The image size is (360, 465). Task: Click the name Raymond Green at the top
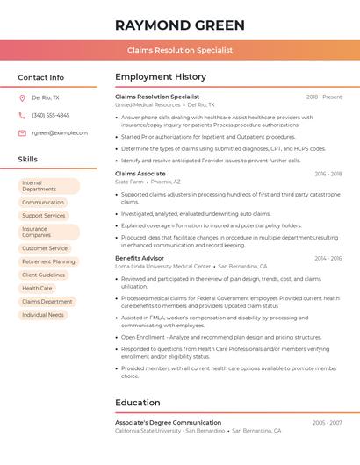pyautogui.click(x=179, y=25)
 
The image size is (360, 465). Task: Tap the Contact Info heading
pyautogui.click(x=40, y=77)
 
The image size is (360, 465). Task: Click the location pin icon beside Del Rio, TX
pyautogui.click(x=22, y=97)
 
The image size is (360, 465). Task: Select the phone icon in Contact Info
pyautogui.click(x=22, y=115)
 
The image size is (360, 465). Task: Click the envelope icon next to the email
pyautogui.click(x=22, y=132)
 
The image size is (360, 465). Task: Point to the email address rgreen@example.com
pyautogui.click(x=60, y=132)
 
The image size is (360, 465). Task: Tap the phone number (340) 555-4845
pyautogui.click(x=50, y=115)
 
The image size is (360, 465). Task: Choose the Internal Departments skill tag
pyautogui.click(x=48, y=186)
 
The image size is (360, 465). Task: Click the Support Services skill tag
pyautogui.click(x=44, y=215)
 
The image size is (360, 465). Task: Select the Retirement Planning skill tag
pyautogui.click(x=48, y=261)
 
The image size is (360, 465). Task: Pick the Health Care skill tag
pyautogui.click(x=37, y=288)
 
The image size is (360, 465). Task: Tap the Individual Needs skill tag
pyautogui.click(x=43, y=314)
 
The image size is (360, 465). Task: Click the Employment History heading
pyautogui.click(x=161, y=77)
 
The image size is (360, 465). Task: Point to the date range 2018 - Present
pyautogui.click(x=324, y=97)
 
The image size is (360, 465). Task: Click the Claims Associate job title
pyautogui.click(x=140, y=174)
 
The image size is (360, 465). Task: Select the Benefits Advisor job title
pyautogui.click(x=140, y=258)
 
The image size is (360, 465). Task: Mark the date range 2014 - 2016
pyautogui.click(x=328, y=258)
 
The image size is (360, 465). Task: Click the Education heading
pyautogui.click(x=138, y=403)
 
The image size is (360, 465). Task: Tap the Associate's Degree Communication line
pyautogui.click(x=168, y=423)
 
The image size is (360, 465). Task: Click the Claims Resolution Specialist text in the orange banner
pyautogui.click(x=179, y=50)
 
